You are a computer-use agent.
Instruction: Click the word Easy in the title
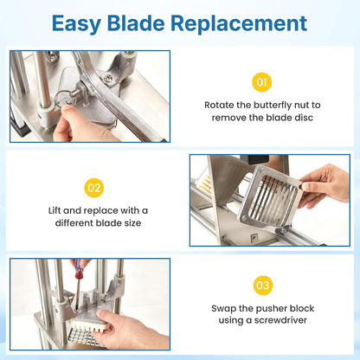tap(76, 23)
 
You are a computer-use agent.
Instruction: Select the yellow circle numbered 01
tap(261, 82)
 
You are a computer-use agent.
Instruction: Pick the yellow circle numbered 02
tap(94, 188)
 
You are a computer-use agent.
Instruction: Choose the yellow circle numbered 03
tap(262, 286)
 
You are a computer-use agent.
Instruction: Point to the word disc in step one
tap(304, 118)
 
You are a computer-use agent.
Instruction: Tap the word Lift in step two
tap(55, 210)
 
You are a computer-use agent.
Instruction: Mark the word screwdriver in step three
tap(277, 320)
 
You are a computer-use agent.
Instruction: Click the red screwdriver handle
tap(79, 269)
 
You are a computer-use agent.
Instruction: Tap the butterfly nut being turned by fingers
tap(66, 98)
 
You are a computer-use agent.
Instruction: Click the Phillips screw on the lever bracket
tap(108, 77)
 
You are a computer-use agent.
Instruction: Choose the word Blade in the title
tap(136, 22)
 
